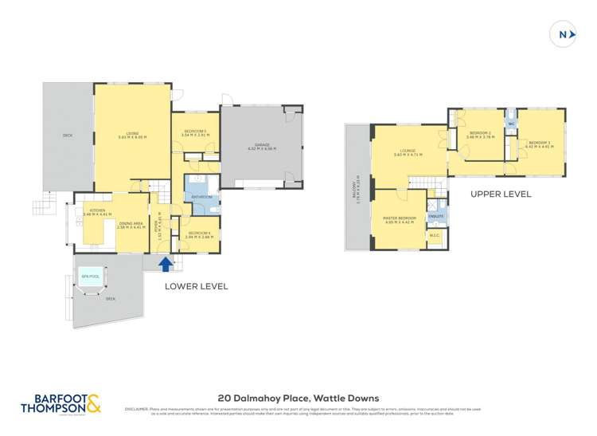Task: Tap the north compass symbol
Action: tap(564, 35)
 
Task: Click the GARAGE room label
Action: tap(261, 146)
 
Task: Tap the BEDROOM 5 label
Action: tap(194, 132)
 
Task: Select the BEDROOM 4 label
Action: tap(198, 234)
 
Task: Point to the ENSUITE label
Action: tap(435, 216)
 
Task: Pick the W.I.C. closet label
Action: tap(435, 235)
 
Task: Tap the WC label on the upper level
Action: tap(512, 124)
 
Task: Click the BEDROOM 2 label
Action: tap(480, 135)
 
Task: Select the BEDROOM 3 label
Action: tap(539, 143)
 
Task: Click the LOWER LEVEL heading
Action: tap(196, 286)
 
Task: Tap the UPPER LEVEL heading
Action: tap(500, 194)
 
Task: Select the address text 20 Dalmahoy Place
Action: tap(298, 398)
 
